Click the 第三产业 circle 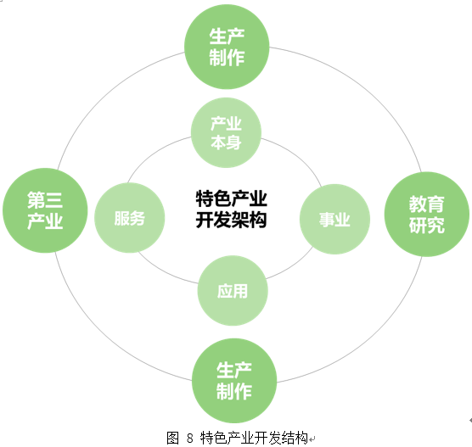coord(45,210)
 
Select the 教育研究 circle coord(427,215)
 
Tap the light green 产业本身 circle coord(226,132)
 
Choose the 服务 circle coord(129,218)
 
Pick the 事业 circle coord(334,219)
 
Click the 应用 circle coord(233,291)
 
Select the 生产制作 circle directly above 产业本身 coord(227,47)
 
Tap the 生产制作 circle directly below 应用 coord(234,381)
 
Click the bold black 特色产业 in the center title coord(231,198)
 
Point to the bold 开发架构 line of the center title coord(231,220)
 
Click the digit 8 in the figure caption coord(189,438)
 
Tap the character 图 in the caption coord(173,438)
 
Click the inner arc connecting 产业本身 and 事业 coord(296,157)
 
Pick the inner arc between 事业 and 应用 coord(294,266)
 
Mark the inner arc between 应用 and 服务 coord(165,271)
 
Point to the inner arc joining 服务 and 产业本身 coord(155,154)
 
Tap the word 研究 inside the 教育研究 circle coord(427,225)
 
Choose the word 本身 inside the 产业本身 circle coord(226,142)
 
